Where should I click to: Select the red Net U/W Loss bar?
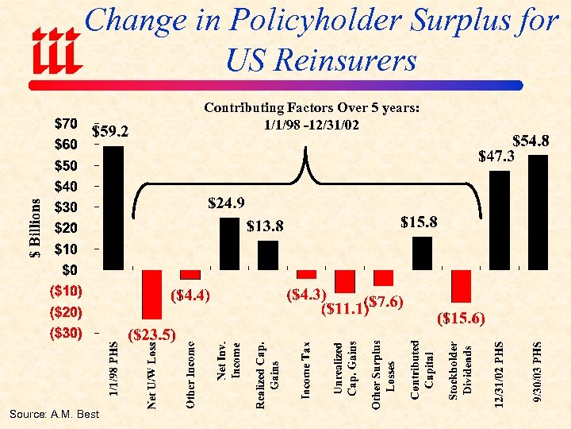(152, 294)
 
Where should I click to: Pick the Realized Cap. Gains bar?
(268, 255)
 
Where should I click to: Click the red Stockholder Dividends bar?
(461, 286)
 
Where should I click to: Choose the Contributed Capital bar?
(423, 253)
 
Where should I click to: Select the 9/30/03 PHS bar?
(538, 212)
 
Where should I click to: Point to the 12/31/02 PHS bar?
(500, 220)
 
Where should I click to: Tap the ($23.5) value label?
(151, 333)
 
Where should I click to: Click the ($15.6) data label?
(461, 319)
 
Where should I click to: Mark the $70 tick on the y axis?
(65, 124)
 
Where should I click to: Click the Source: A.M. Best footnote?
(55, 414)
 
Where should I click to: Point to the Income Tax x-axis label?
(307, 369)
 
